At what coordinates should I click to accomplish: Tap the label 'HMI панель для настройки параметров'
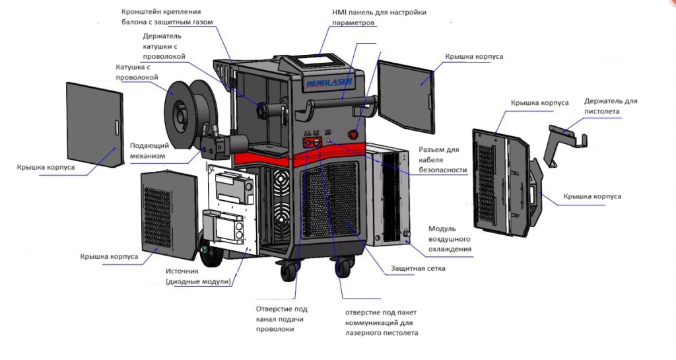pos(379,17)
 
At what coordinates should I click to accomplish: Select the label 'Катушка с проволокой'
pos(137,72)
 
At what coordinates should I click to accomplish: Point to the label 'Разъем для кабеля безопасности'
pos(442,160)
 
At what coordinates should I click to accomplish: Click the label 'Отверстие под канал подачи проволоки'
pos(281,318)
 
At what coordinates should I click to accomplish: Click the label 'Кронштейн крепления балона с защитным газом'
pos(170,17)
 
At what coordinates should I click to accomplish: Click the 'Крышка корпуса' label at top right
pos(474,57)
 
